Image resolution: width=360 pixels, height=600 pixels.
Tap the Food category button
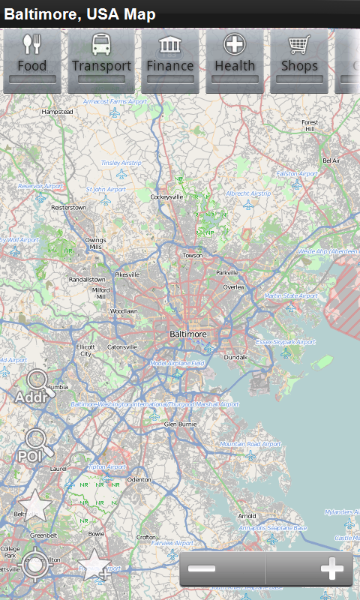[31, 60]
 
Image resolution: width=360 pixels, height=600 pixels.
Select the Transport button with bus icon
[101, 60]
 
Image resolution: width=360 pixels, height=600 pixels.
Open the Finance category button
[170, 60]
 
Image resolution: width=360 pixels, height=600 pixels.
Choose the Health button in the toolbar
[235, 60]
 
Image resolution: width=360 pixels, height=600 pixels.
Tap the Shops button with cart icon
[299, 60]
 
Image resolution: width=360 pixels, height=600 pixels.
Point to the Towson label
[193, 255]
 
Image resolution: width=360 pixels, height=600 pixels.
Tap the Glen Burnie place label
[180, 424]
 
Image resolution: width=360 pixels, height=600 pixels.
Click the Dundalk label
[235, 357]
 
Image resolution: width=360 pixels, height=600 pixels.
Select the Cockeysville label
[166, 196]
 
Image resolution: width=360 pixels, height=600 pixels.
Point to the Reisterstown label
[68, 207]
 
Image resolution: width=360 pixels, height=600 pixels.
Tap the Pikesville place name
[127, 274]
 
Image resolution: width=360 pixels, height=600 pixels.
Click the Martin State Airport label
[291, 295]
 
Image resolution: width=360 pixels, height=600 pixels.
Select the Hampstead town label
[58, 112]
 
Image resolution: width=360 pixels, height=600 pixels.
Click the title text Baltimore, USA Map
[80, 14]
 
